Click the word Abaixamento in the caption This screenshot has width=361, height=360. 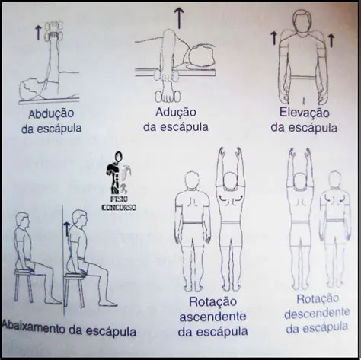[34, 332]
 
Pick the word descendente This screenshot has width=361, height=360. [312, 314]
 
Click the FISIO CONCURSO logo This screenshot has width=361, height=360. [117, 183]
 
